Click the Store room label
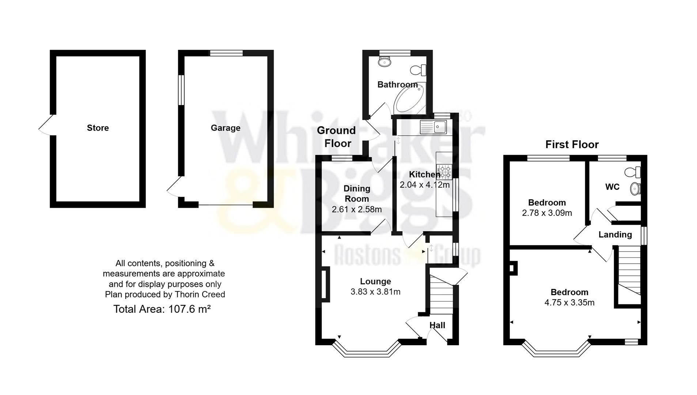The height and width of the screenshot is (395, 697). (98, 128)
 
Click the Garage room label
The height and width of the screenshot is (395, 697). (226, 128)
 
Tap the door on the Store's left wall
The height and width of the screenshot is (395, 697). (47, 125)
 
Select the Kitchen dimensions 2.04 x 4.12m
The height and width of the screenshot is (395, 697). (424, 185)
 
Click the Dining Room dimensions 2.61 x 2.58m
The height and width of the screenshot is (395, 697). (357, 210)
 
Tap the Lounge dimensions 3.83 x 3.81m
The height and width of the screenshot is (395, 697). (375, 292)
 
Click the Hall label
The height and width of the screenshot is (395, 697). (437, 325)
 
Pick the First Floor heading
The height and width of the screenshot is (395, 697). (572, 144)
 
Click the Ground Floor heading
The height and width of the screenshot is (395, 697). (336, 137)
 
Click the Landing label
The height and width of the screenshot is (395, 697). (615, 235)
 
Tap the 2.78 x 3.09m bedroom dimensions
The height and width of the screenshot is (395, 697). (547, 213)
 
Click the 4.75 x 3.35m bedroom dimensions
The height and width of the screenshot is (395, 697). (569, 303)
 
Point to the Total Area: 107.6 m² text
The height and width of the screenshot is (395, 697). (162, 309)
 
